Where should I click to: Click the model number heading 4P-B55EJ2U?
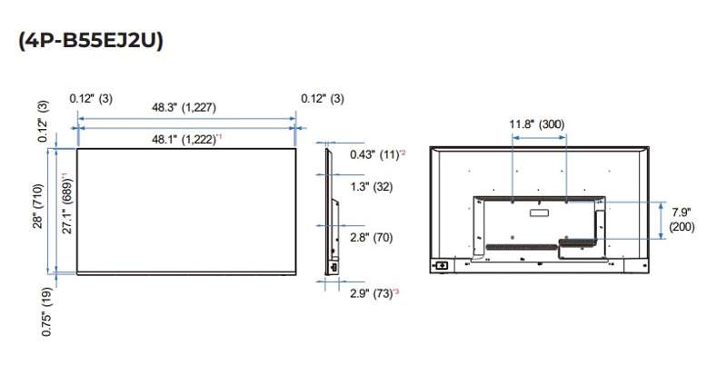(x=91, y=41)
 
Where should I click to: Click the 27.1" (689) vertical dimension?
(x=66, y=203)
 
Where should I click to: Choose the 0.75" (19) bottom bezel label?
(x=46, y=312)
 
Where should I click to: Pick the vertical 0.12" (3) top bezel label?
(x=43, y=121)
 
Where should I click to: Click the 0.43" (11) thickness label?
(x=377, y=154)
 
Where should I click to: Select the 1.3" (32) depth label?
(x=371, y=187)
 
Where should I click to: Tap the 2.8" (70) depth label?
(x=371, y=238)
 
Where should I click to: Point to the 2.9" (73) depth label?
(x=374, y=293)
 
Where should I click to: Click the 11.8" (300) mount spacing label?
(x=537, y=124)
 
